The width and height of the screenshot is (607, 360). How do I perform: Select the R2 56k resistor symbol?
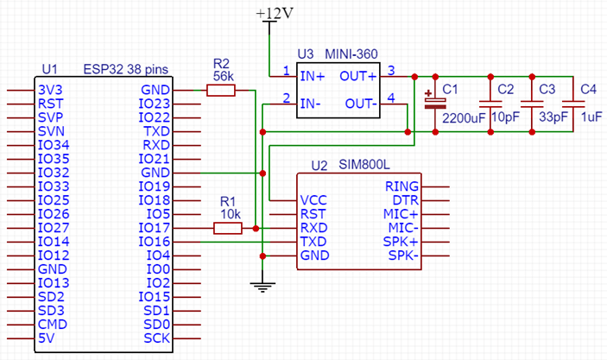[221, 90]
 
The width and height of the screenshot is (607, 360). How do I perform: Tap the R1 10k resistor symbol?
[227, 228]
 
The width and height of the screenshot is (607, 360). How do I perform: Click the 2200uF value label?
[463, 117]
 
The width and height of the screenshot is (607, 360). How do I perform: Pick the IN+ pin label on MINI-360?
[312, 76]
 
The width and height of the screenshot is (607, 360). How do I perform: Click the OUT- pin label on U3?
[361, 104]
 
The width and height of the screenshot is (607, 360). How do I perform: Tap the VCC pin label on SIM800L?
[313, 199]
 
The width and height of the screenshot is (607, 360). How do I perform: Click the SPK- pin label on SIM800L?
[402, 256]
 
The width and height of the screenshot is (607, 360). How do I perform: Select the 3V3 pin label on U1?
[50, 90]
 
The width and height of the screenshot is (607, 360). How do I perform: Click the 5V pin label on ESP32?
[47, 338]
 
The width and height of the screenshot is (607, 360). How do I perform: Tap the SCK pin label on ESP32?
[158, 338]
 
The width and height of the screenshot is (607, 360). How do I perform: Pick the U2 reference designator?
[319, 165]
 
